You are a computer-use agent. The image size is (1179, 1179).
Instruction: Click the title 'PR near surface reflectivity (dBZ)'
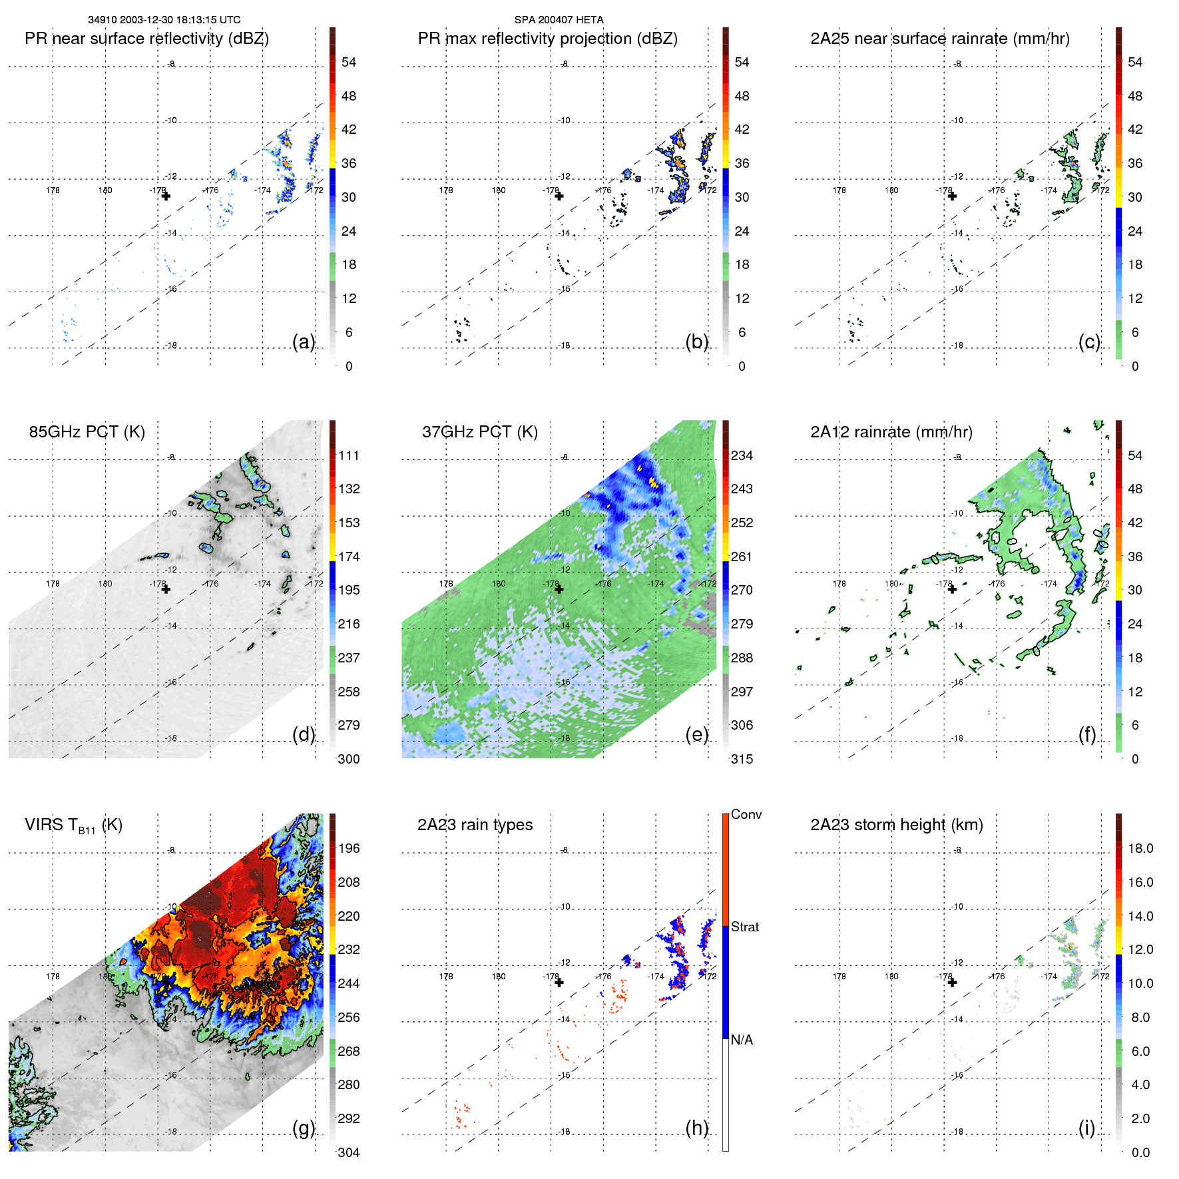tap(146, 39)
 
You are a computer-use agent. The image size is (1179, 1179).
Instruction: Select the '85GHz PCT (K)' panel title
tap(87, 431)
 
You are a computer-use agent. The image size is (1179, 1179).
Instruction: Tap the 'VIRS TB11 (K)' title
tap(73, 825)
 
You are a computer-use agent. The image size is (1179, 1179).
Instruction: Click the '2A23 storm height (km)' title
tap(896, 825)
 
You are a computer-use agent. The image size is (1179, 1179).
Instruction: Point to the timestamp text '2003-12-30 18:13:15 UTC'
tap(180, 20)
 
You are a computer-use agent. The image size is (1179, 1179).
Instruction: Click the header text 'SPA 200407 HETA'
tap(559, 20)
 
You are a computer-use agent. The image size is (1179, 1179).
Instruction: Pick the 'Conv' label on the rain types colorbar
tap(746, 814)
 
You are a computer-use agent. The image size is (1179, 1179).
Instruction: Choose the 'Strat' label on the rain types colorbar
tap(744, 927)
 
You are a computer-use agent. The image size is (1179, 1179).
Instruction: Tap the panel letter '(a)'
tap(304, 342)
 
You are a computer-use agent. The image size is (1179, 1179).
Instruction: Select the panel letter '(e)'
tap(696, 734)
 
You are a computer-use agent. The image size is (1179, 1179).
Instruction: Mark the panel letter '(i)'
tap(1086, 1128)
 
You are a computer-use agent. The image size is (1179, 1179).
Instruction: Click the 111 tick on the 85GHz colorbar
tap(349, 455)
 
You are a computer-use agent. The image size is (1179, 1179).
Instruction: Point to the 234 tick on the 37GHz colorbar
tap(742, 455)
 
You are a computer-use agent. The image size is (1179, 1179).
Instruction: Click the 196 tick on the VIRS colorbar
tap(349, 848)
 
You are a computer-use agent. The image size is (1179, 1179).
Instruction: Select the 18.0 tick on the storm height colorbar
tap(1140, 848)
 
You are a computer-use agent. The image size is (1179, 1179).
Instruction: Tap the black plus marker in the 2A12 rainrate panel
tap(952, 589)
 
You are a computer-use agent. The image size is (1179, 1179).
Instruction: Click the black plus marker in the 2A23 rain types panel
tap(559, 982)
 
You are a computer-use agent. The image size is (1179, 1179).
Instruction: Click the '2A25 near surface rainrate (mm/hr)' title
tap(939, 39)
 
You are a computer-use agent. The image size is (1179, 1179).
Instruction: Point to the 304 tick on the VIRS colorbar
tap(349, 1152)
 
